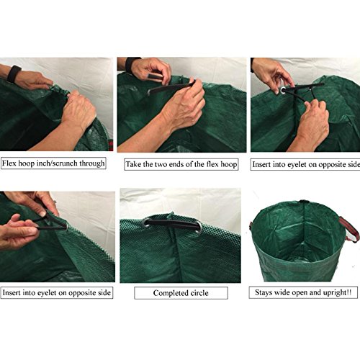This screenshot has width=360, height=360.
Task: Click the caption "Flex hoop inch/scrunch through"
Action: (53, 163)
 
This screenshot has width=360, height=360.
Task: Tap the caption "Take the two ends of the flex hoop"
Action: (181, 164)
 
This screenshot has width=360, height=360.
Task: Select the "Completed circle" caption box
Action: (181, 293)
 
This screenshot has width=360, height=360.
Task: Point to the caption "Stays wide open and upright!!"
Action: (303, 292)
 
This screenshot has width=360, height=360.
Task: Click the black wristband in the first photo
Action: (14, 73)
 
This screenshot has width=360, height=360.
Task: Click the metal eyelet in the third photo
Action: (283, 91)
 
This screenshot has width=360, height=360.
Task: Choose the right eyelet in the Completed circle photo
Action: (198, 228)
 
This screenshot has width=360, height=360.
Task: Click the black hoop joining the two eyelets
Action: (173, 223)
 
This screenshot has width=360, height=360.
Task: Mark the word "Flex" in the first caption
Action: (9, 163)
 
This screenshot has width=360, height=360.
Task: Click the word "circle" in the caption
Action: (199, 293)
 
